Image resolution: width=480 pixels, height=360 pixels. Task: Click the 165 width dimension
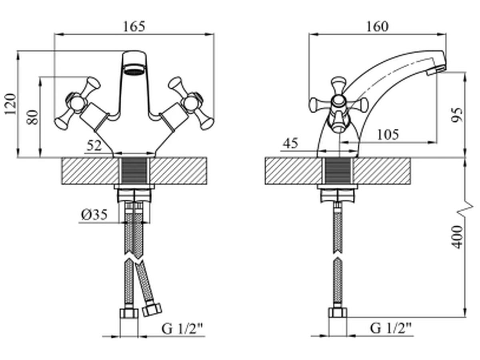coord(134,27)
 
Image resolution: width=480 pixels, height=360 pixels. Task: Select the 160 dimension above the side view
coord(377,27)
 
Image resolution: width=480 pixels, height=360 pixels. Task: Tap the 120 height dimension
coord(10,104)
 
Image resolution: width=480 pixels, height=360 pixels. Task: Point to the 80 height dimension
coord(32,117)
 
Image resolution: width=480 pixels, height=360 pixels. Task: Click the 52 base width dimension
coord(94,145)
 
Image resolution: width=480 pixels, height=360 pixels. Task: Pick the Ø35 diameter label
coord(94,215)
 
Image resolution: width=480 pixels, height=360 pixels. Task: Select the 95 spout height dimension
coord(457,115)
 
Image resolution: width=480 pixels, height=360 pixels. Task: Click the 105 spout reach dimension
coord(388,135)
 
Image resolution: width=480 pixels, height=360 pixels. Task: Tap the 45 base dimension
coord(290,143)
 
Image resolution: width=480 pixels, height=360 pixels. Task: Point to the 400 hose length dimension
coord(457,237)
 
